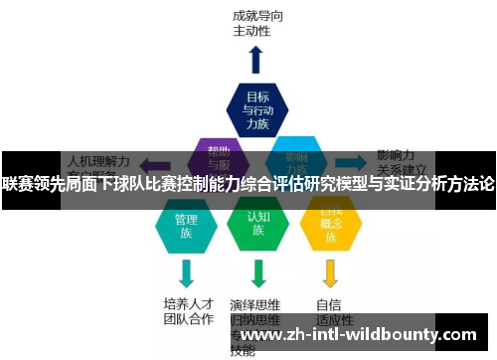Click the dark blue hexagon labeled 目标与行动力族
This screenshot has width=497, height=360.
[x=257, y=108]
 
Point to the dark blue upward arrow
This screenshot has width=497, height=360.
[x=255, y=59]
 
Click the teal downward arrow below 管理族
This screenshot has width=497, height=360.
[x=186, y=271]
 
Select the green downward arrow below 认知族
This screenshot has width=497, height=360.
[x=258, y=271]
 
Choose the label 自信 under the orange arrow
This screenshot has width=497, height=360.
[x=330, y=303]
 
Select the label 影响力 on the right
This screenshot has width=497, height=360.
[x=396, y=156]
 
